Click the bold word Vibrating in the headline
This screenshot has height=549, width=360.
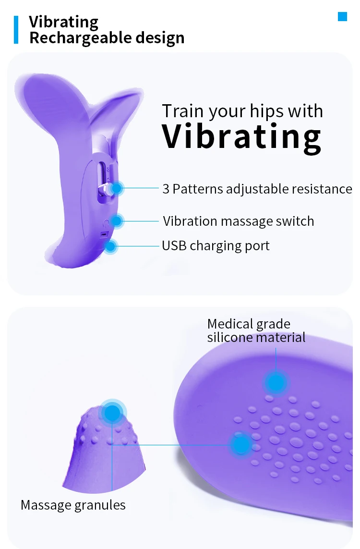tap(241, 136)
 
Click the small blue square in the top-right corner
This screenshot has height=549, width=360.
tap(342, 17)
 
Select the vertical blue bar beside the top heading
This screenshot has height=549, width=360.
tap(16, 30)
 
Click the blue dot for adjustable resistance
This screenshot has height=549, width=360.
tap(116, 189)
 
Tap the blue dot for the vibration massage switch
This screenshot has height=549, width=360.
tap(117, 221)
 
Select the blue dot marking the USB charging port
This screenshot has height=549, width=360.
tap(111, 246)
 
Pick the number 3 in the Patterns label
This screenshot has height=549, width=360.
tap(166, 189)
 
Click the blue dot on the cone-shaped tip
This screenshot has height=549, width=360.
tap(112, 412)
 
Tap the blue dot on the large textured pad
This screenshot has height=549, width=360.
tap(240, 444)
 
